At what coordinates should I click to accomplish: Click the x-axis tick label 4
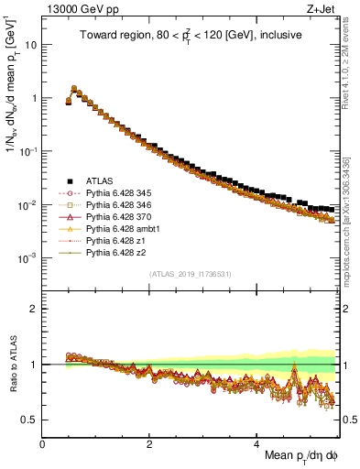click(x=257, y=444)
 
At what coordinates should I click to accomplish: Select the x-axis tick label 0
click(x=43, y=444)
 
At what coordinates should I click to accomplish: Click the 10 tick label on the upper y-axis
click(x=30, y=44)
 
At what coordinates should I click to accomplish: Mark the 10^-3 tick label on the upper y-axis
click(x=27, y=258)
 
